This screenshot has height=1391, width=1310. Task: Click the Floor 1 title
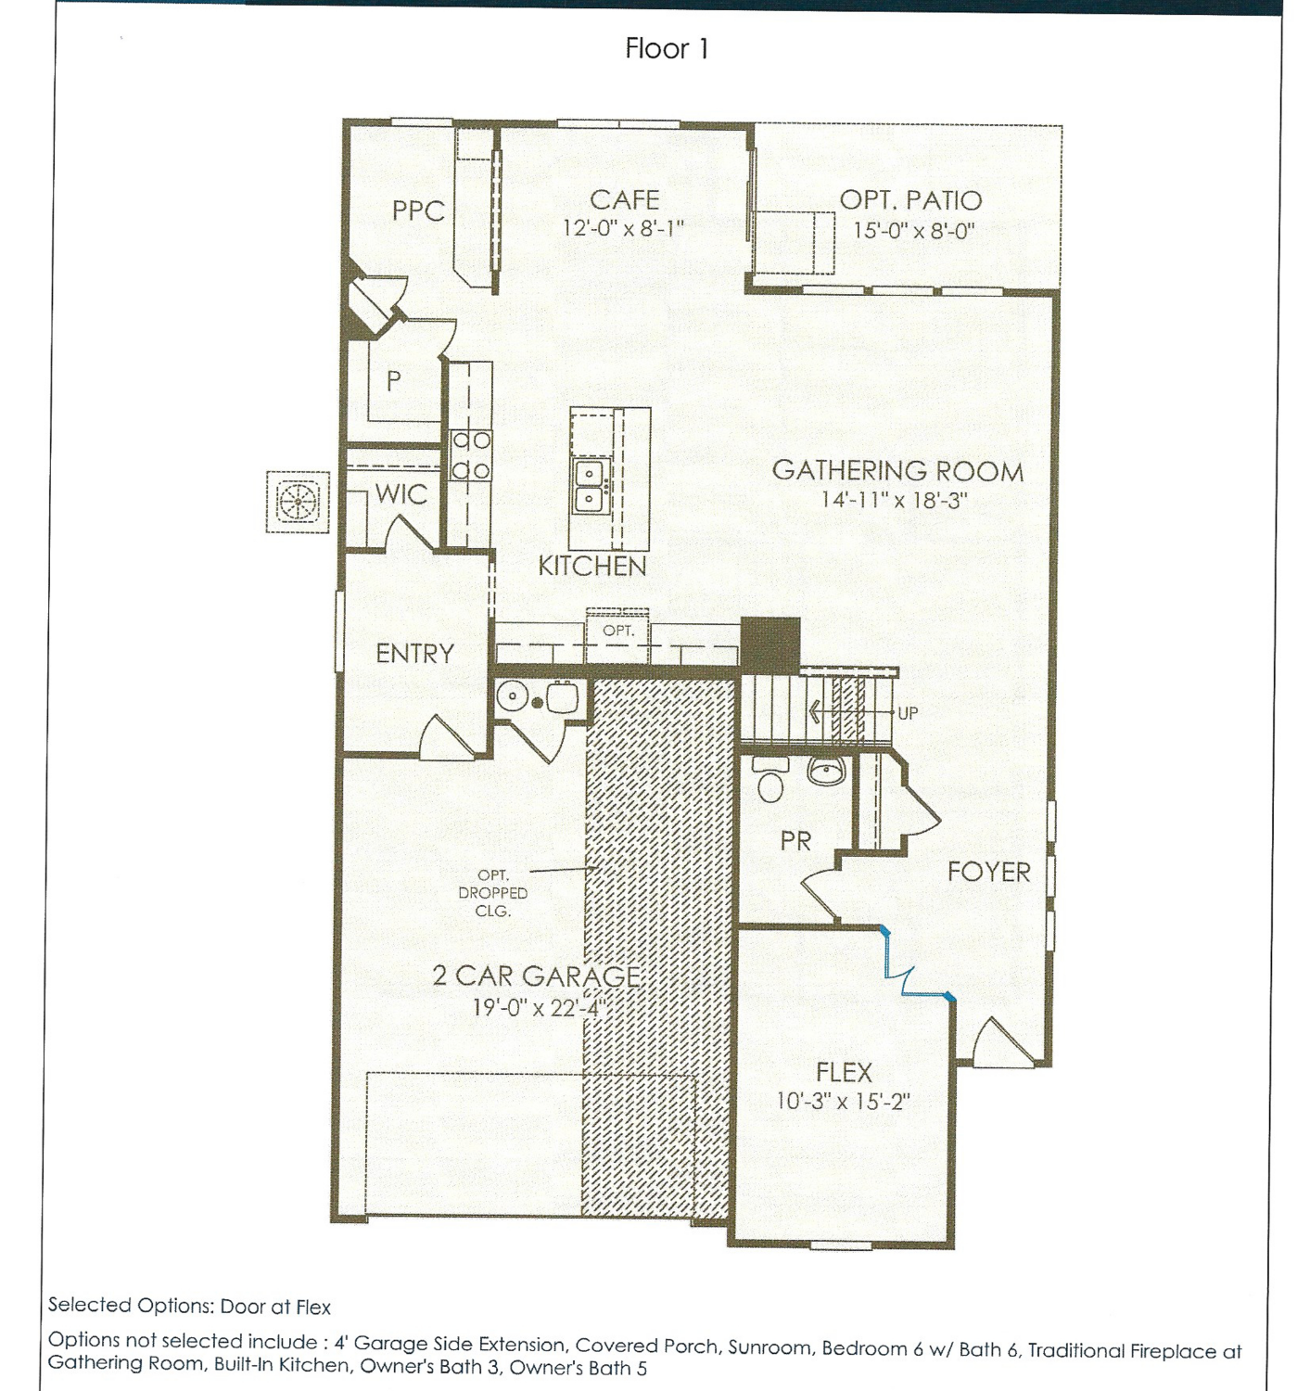[x=667, y=49]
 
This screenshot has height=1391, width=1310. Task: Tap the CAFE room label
[x=624, y=200]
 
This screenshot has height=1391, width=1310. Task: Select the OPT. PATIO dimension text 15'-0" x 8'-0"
[x=913, y=230]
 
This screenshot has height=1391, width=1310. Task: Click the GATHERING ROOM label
[x=897, y=471]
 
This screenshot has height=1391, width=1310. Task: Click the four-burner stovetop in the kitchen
[x=471, y=455]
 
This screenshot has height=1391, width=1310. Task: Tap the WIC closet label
[x=401, y=494]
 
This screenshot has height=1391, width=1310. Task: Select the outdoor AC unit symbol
[x=298, y=502]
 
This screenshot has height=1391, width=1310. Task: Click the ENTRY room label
[x=414, y=654]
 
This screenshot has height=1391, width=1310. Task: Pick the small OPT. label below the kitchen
[x=618, y=631]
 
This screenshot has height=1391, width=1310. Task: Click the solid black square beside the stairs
[x=770, y=644]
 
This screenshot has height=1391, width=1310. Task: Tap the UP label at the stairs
[x=908, y=713]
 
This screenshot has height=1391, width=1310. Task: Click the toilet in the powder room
[x=769, y=779]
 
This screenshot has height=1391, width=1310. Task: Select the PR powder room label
[x=795, y=841]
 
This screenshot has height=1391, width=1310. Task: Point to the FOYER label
[x=988, y=872]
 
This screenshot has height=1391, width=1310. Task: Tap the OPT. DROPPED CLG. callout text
[x=493, y=893]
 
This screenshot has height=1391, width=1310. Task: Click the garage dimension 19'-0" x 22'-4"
[x=538, y=1007]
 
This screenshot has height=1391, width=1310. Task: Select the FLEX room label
[x=844, y=1072]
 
